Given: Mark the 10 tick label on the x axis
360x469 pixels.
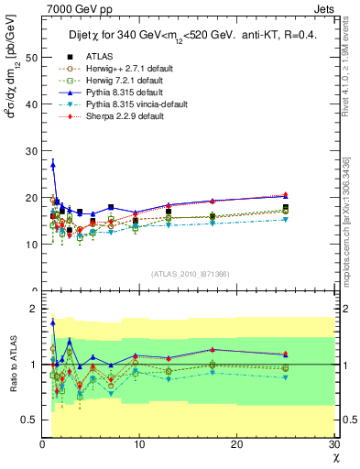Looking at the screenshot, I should click(139, 445).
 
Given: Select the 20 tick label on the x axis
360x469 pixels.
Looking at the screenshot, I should click(236, 445).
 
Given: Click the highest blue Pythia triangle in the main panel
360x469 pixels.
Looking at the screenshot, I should click(53, 164).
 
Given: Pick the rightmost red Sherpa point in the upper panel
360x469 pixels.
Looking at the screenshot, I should click(285, 195).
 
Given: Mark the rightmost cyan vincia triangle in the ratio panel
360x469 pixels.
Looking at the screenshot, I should click(285, 377).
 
